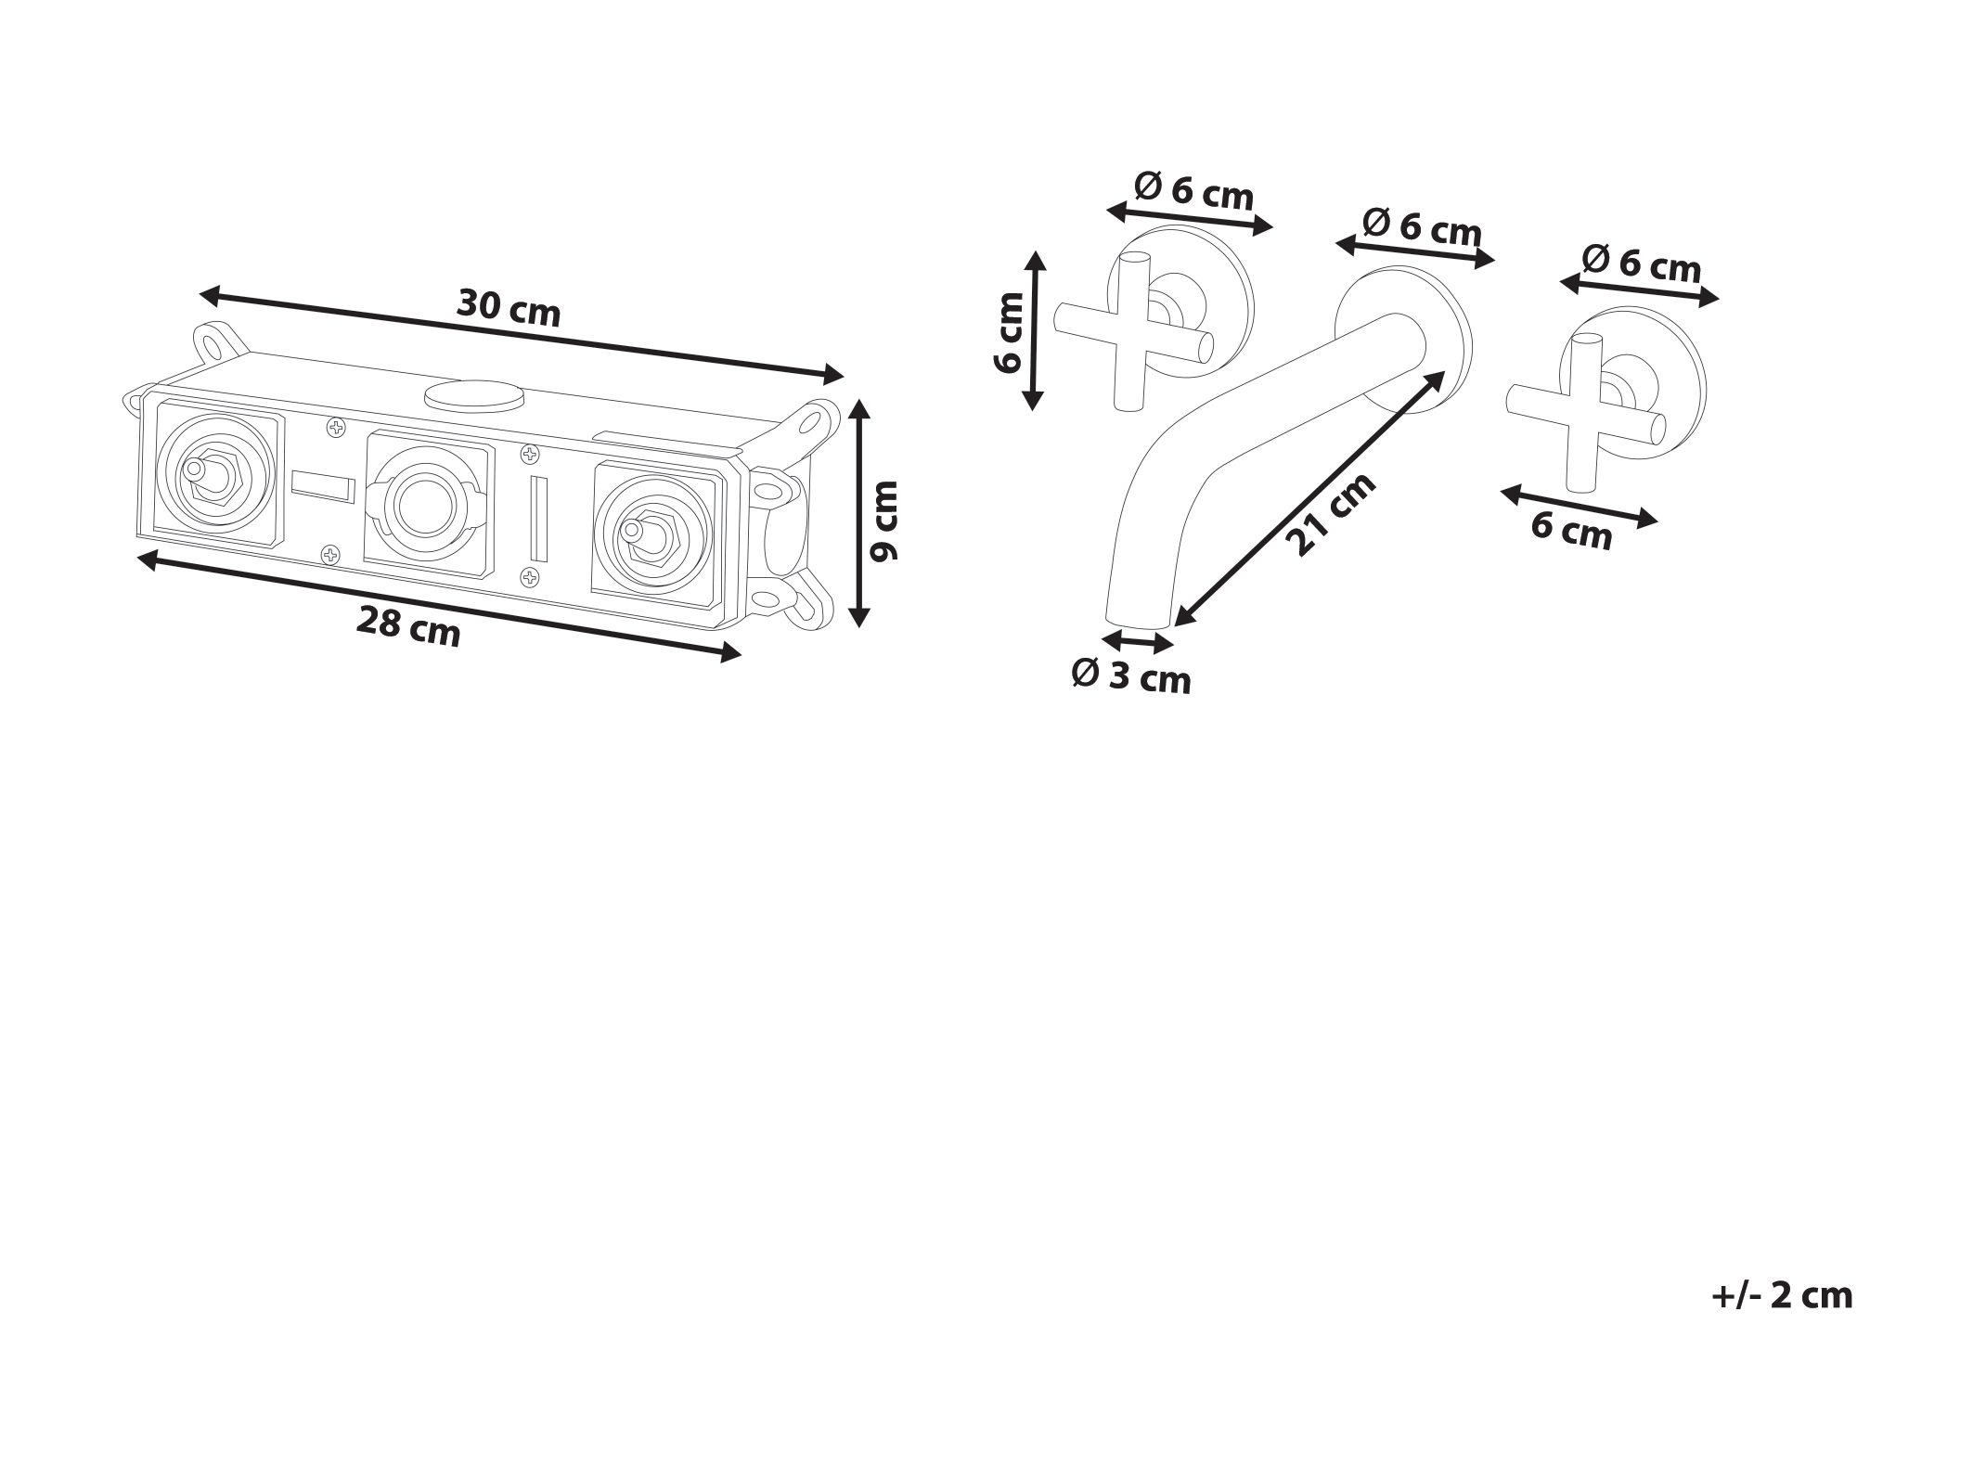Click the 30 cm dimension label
[509, 307]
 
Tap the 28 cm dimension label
[408, 626]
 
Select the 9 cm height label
[883, 521]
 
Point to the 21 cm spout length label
[1330, 514]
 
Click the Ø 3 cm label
[1130, 675]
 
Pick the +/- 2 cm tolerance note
[1782, 1294]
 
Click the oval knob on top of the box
[473, 396]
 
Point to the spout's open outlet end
[1140, 620]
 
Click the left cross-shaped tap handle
[1133, 331]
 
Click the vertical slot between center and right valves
[539, 519]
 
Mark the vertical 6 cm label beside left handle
[1009, 331]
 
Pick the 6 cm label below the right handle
[1572, 531]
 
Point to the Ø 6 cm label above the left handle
[1193, 192]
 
